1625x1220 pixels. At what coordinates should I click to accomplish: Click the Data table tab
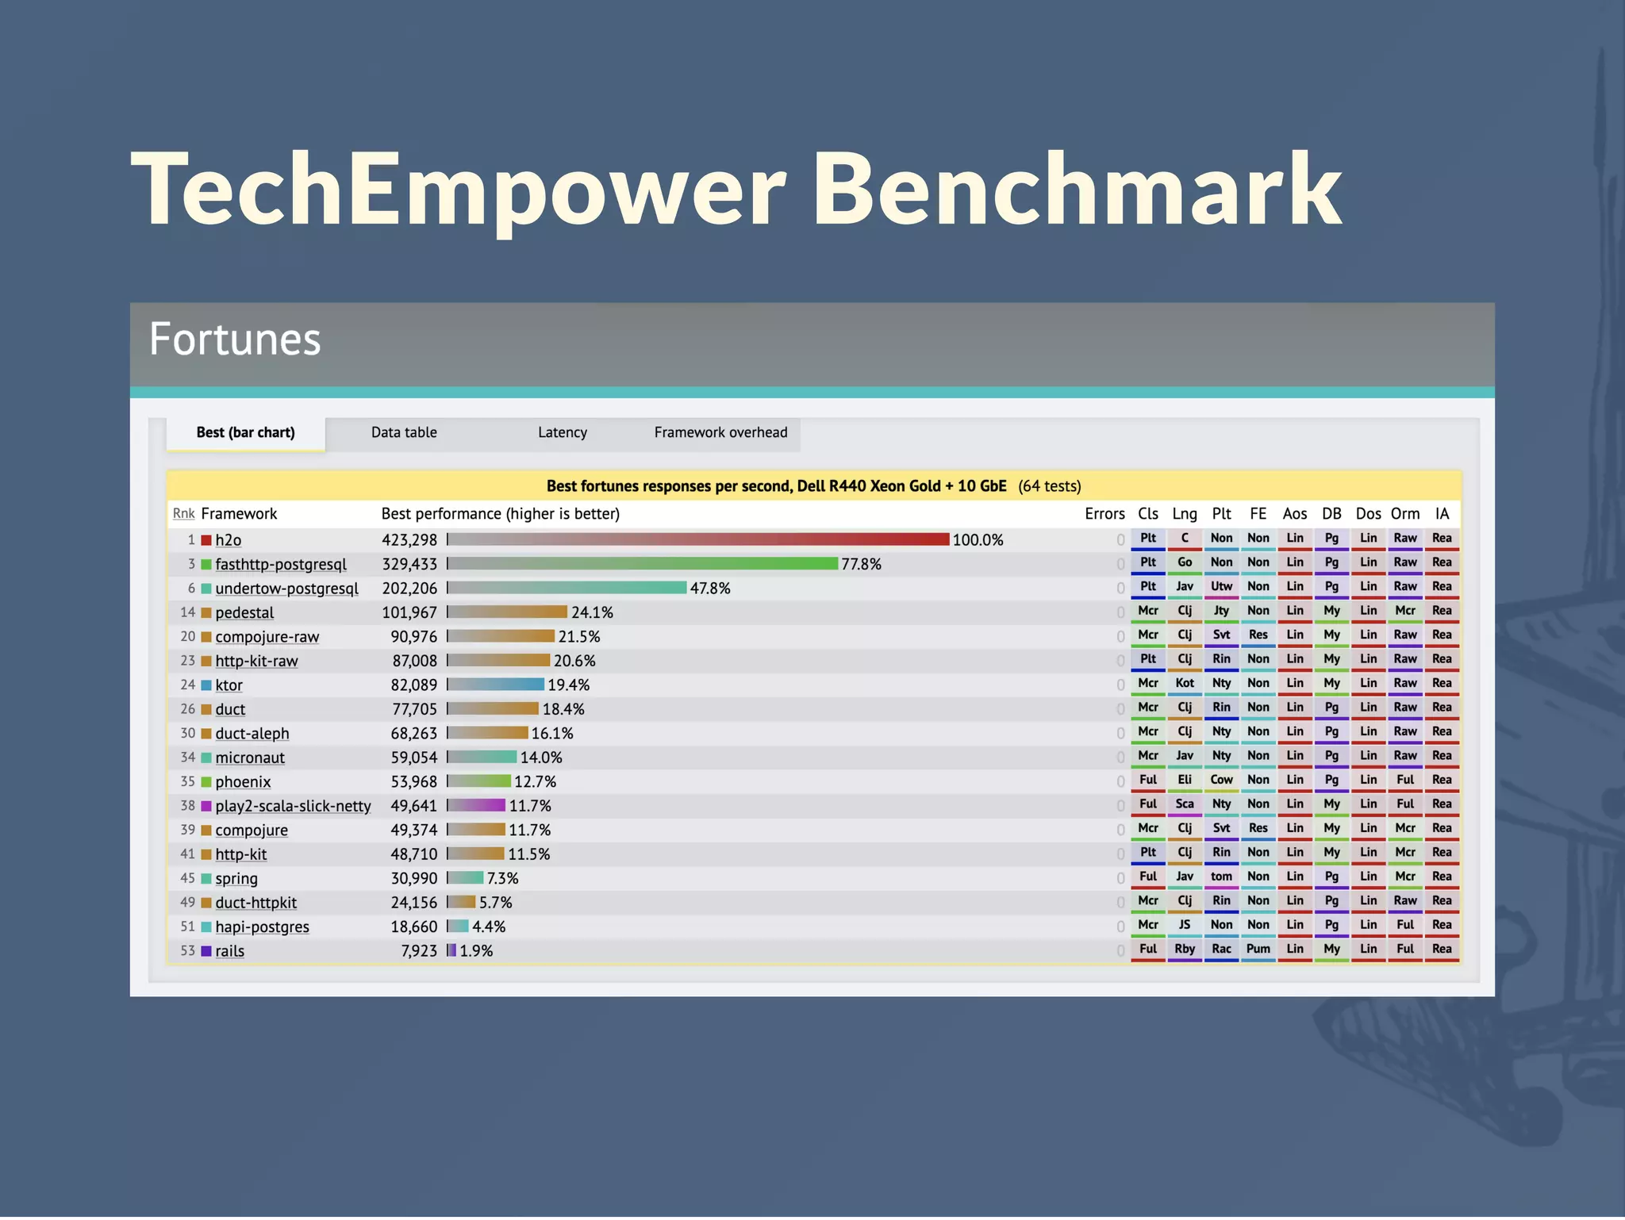coord(404,433)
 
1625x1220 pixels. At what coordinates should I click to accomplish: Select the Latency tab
coord(563,433)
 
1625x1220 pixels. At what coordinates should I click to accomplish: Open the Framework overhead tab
coord(720,433)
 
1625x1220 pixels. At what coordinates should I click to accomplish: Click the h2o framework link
coord(229,540)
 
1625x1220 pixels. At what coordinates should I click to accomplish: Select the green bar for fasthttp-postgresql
coord(643,564)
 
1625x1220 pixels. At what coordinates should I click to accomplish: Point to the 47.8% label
coord(710,589)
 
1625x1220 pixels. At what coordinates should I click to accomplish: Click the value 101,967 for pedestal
coord(409,613)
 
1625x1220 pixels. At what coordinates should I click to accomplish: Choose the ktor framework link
coord(229,685)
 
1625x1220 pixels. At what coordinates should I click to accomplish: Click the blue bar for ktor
coord(496,685)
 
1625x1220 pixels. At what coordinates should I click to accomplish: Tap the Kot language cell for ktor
coord(1185,684)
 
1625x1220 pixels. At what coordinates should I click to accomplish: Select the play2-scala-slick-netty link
coord(293,806)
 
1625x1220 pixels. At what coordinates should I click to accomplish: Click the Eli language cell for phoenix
coord(1185,781)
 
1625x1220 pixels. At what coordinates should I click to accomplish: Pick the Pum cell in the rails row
coord(1258,950)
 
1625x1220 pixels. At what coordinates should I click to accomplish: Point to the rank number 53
coord(187,950)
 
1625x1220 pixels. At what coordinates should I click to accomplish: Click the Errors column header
coord(1104,514)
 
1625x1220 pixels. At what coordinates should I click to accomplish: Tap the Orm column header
coord(1404,514)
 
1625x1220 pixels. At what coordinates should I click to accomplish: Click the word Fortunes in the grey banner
coord(235,340)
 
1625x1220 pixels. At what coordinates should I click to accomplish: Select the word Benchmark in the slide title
coord(1077,190)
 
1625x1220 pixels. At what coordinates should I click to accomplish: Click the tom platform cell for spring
coord(1221,877)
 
